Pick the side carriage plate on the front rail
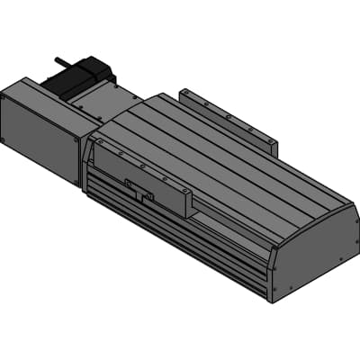pos(144,180)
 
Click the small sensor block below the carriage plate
pos(140,191)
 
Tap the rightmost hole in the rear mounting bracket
pos(267,139)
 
